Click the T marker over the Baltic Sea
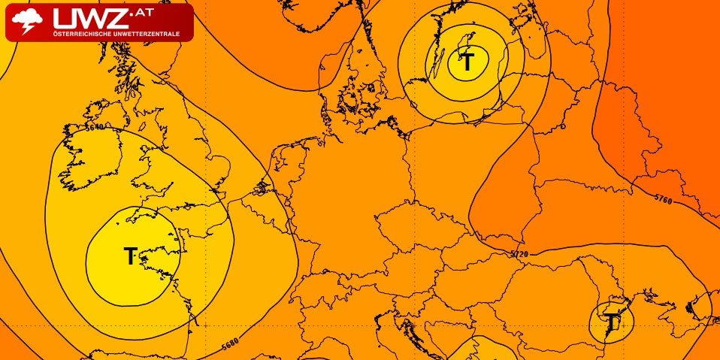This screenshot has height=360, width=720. [467, 62]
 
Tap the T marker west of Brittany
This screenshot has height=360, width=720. [131, 256]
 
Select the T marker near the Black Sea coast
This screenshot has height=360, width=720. [613, 322]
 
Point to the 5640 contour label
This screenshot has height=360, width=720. [95, 127]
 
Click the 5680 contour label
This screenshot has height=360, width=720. [231, 346]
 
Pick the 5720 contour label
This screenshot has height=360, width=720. [519, 255]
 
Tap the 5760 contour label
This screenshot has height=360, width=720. [663, 199]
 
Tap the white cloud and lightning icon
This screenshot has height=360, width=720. [28, 22]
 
